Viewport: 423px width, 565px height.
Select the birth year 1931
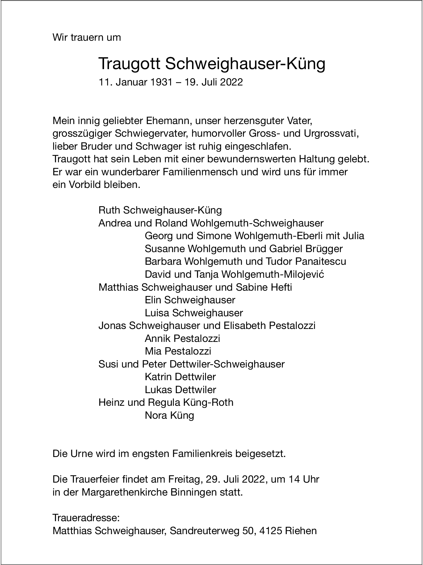click(161, 82)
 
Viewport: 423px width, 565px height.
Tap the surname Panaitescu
click(320, 261)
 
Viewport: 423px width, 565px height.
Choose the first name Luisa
click(157, 313)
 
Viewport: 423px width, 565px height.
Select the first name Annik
click(158, 339)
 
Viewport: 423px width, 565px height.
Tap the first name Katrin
click(158, 377)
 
